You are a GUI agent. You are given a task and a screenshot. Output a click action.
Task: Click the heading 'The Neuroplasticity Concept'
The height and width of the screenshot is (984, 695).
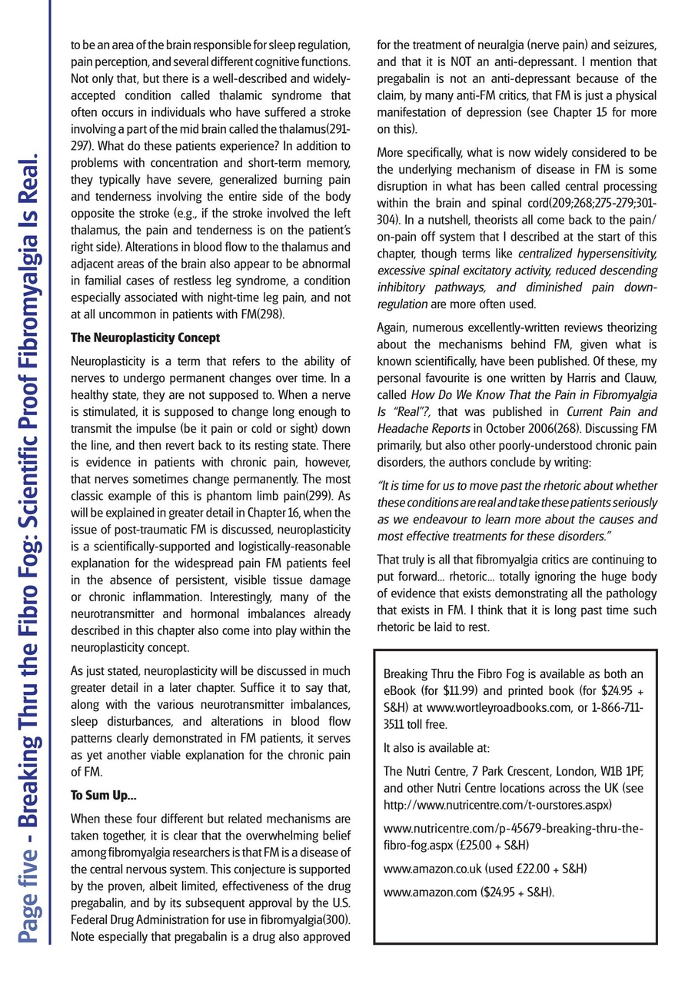(x=145, y=337)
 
